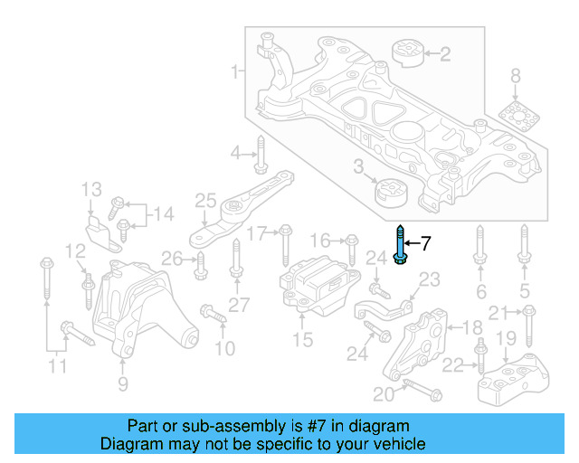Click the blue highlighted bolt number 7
coord(400,245)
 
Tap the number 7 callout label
coord(426,242)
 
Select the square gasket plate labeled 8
coord(516,118)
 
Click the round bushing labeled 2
coord(406,53)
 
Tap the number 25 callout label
coord(205,200)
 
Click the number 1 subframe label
coord(236,70)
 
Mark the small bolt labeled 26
coord(200,264)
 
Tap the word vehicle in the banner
coord(399,444)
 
